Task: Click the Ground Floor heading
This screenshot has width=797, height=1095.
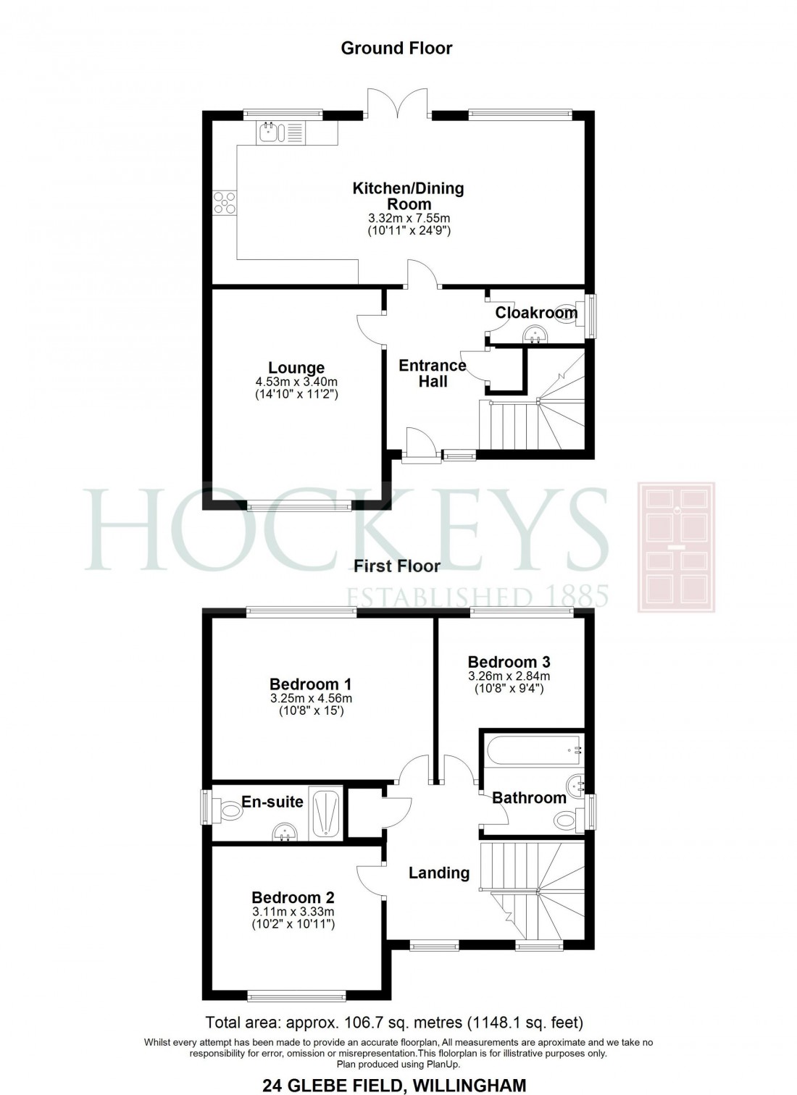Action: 396,49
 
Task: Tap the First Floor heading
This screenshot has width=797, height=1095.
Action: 397,566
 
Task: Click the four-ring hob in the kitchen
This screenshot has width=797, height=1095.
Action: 224,202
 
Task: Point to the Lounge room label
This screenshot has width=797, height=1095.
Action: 296,368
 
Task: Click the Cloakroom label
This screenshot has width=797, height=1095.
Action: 536,313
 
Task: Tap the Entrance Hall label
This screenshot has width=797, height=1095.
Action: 433,374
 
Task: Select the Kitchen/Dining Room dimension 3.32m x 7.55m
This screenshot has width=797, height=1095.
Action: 409,218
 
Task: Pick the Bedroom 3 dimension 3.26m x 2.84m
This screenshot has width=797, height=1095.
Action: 509,676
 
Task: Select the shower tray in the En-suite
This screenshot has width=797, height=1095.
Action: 327,815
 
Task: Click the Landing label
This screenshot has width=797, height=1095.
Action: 439,873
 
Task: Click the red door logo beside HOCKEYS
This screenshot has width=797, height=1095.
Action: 676,547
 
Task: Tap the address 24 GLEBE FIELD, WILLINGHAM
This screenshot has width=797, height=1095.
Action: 394,1085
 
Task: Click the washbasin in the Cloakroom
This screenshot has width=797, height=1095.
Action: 536,334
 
